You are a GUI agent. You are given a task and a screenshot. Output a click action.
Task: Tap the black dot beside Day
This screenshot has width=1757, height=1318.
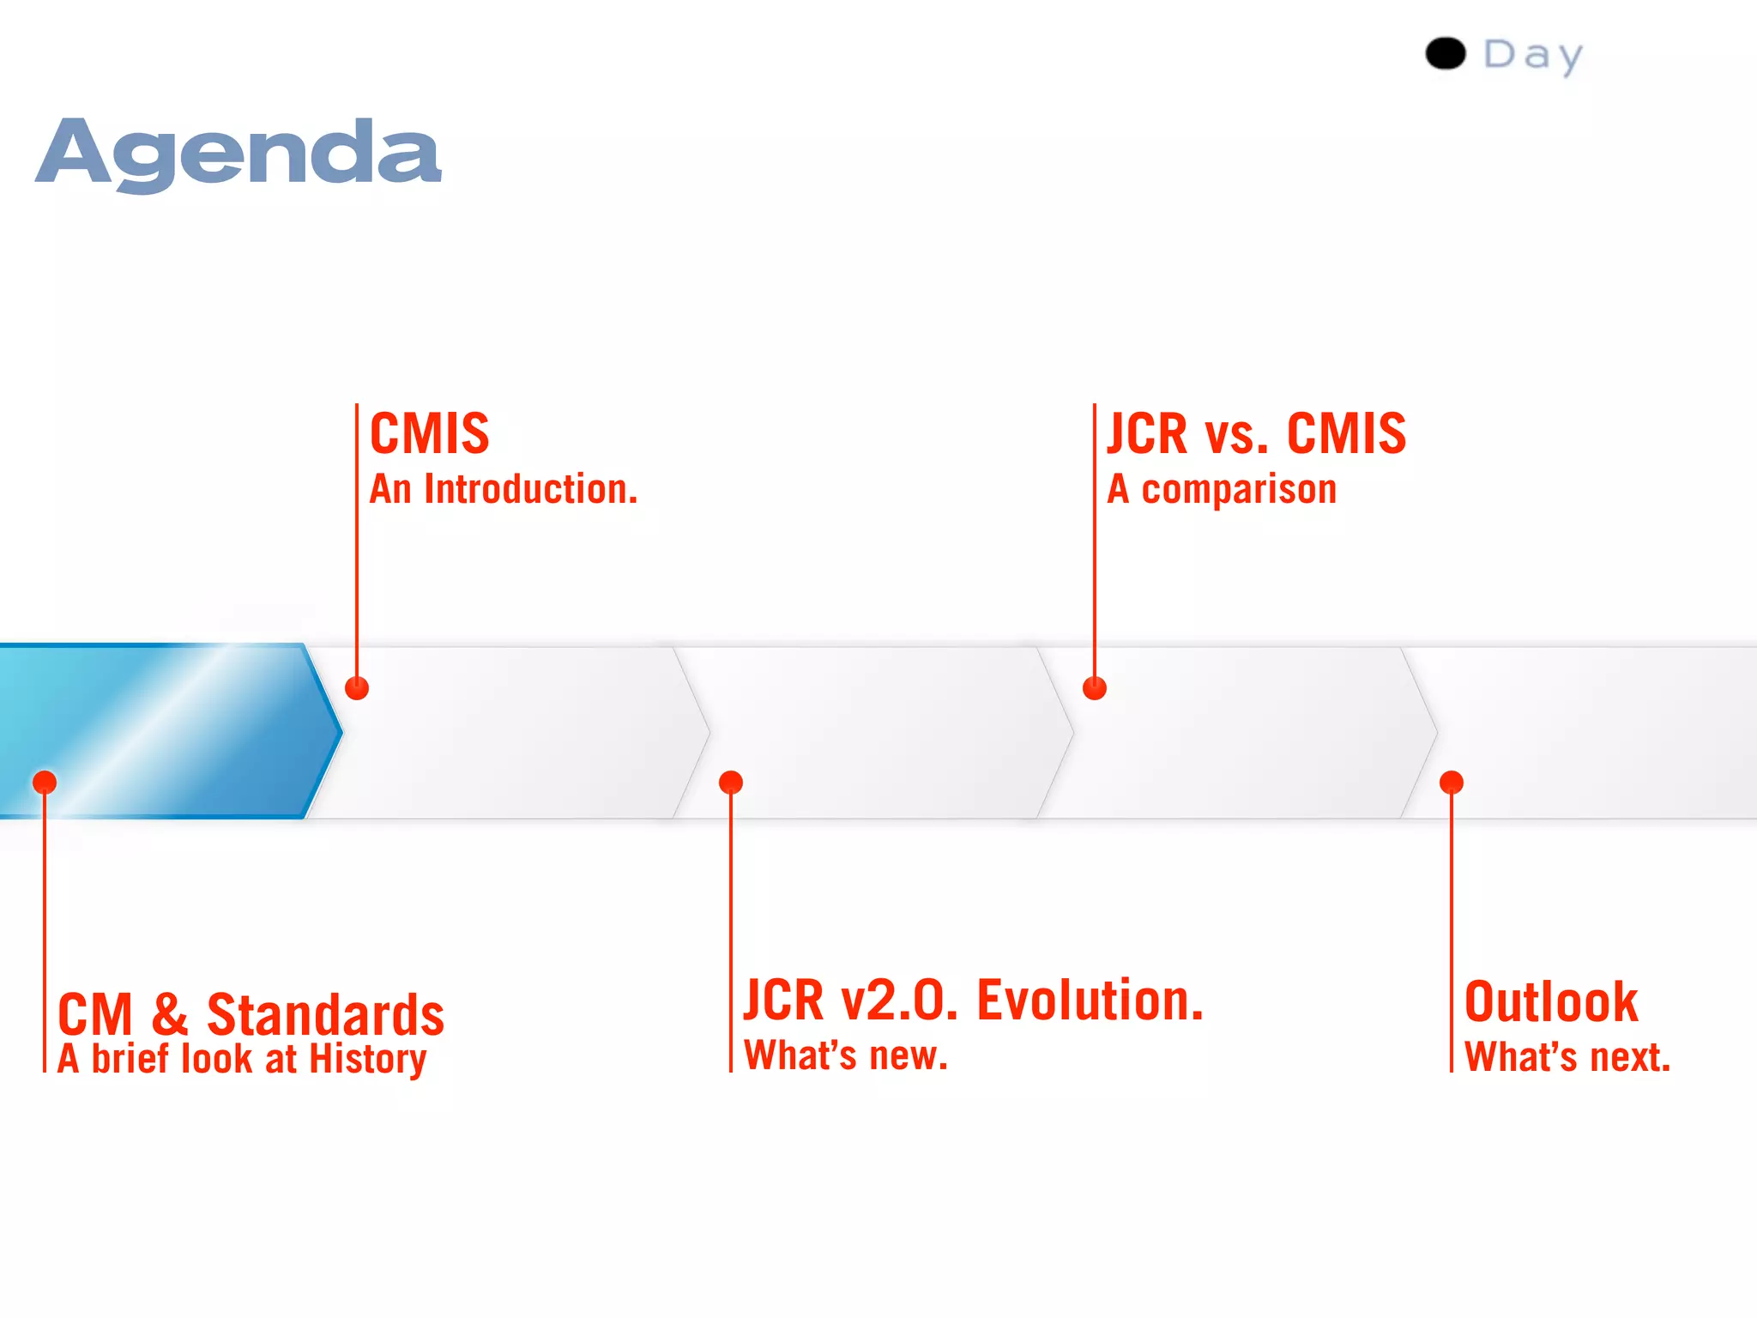(1446, 53)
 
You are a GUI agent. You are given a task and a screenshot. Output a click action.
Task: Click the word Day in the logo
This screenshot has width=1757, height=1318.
(1533, 56)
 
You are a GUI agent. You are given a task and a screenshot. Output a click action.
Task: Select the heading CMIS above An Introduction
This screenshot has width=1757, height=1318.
(429, 433)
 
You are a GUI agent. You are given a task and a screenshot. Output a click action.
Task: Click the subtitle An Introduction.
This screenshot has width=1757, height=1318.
(504, 489)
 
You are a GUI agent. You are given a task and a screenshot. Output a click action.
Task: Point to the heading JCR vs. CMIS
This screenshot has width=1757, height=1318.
(1256, 433)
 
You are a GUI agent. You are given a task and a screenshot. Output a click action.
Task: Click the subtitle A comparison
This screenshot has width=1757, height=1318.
(1222, 489)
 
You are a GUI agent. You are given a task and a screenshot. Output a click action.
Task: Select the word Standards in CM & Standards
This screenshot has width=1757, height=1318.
(325, 1015)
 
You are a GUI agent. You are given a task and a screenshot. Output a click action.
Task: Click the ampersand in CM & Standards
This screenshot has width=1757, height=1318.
(170, 1014)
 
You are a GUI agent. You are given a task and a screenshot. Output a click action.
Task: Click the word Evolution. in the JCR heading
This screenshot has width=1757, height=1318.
(1090, 1001)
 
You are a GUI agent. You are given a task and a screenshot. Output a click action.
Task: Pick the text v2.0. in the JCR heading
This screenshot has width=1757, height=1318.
(898, 1001)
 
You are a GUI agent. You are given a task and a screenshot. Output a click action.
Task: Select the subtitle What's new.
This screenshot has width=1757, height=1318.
(846, 1055)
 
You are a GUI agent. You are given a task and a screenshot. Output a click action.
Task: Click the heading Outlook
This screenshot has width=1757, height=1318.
(1551, 1002)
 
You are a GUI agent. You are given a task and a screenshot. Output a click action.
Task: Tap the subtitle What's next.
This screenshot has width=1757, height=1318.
(1567, 1057)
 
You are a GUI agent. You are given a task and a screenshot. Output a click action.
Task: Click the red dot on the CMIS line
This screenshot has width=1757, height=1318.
(357, 688)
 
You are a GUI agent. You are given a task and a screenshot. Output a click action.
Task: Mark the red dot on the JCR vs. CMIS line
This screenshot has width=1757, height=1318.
(1095, 688)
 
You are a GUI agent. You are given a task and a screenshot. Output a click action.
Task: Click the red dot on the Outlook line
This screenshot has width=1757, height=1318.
(1452, 783)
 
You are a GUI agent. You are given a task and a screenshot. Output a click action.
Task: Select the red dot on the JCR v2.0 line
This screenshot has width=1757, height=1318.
(731, 783)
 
